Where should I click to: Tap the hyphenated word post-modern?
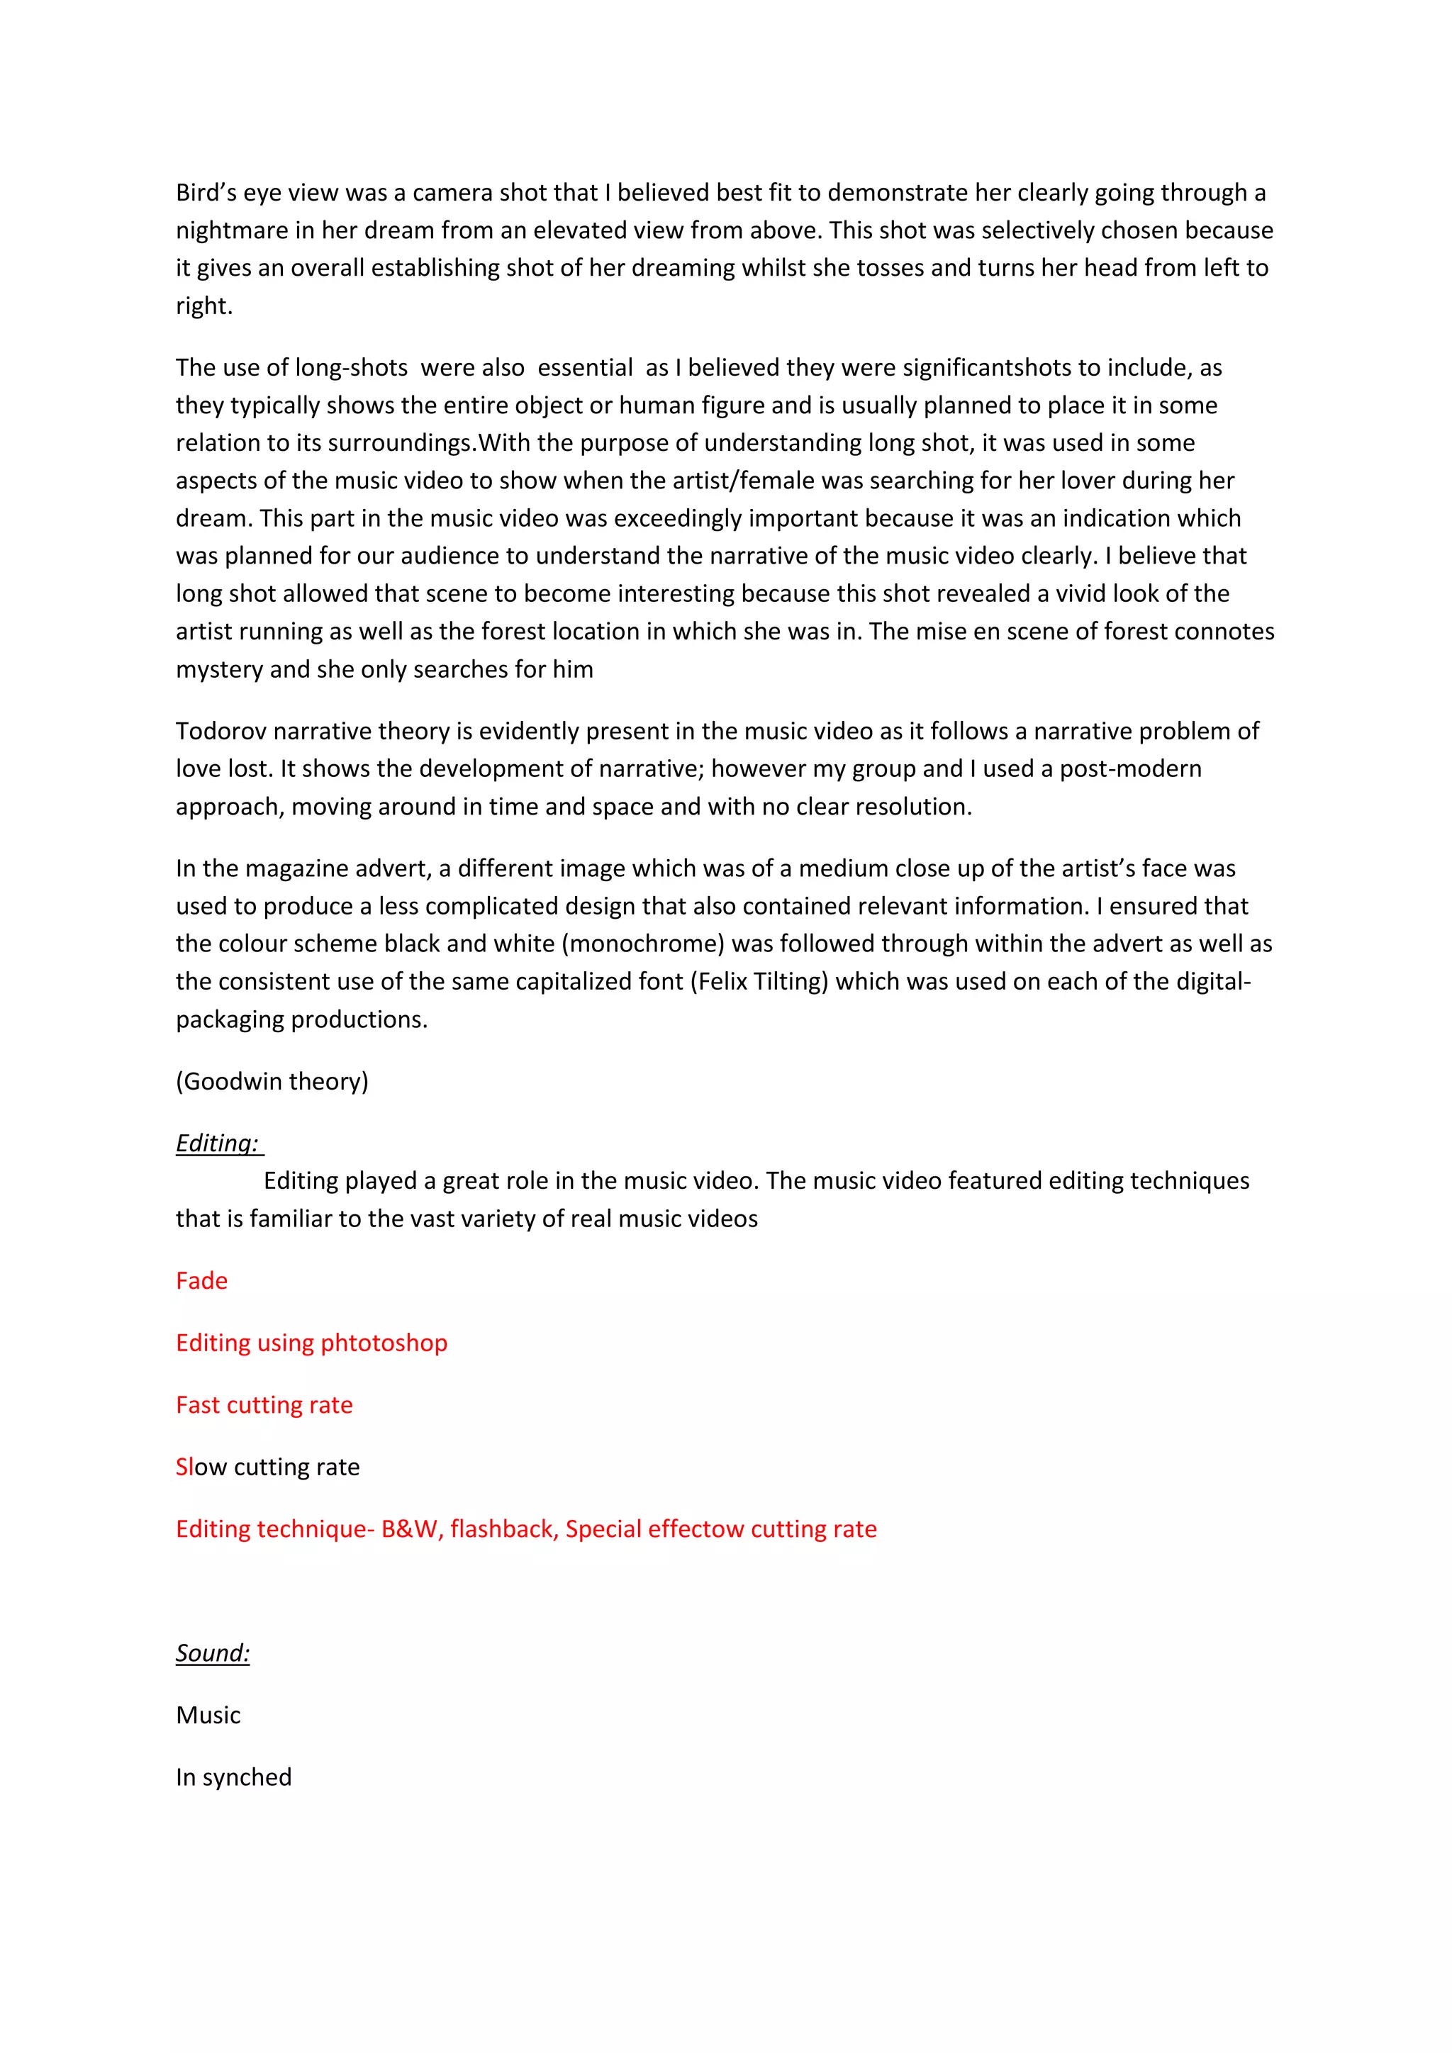pos(1130,769)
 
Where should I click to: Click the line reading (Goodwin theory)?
pos(272,1082)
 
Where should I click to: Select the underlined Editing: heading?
pos(217,1143)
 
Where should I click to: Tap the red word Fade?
pos(201,1281)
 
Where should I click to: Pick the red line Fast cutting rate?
pos(264,1405)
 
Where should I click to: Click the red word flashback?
pos(504,1529)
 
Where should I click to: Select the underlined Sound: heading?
pos(213,1652)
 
